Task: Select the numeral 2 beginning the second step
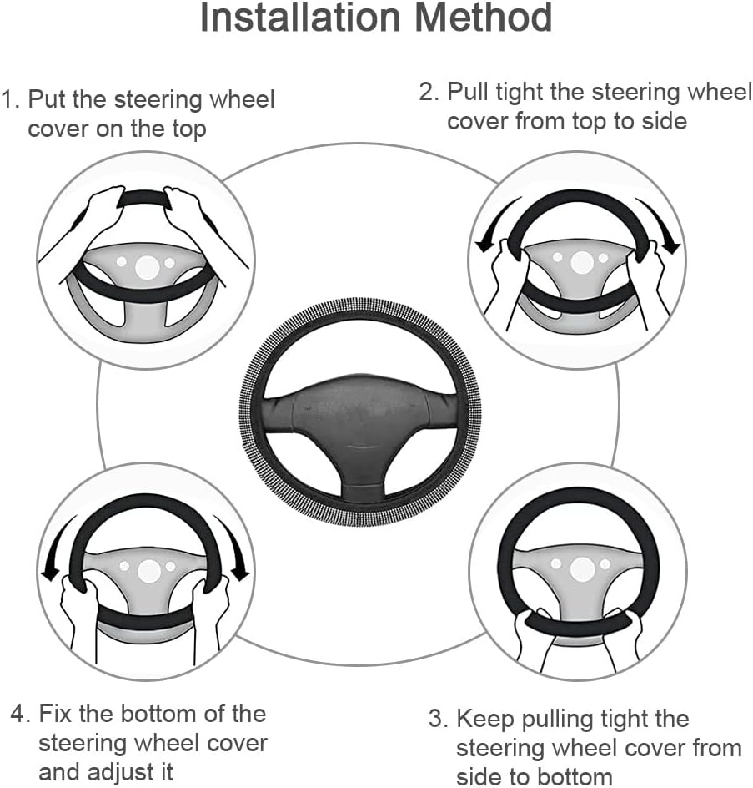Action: coord(429,92)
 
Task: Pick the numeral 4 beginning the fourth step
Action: coord(21,714)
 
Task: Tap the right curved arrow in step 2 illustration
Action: coord(660,225)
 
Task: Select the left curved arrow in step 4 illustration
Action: coord(58,548)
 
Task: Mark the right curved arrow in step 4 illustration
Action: coord(232,548)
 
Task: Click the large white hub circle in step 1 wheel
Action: coord(147,268)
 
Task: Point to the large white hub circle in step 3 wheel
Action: coord(582,569)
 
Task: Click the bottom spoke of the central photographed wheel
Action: coord(359,482)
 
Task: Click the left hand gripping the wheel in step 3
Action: coord(533,636)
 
